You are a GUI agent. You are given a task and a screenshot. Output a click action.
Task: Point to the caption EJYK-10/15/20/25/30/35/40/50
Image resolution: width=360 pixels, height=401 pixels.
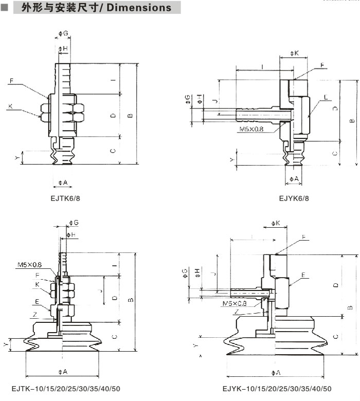pyautogui.click(x=277, y=389)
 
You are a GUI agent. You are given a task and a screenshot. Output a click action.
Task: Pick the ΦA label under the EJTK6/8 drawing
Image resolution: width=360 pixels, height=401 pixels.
pyautogui.click(x=63, y=183)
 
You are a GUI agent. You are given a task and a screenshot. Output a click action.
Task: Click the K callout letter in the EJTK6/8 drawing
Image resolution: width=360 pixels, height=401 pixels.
pyautogui.click(x=10, y=106)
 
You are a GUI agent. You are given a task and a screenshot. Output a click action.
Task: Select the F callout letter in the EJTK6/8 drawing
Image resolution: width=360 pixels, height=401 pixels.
pyautogui.click(x=10, y=81)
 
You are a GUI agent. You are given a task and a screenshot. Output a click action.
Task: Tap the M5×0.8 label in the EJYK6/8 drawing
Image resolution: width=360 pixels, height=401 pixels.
pyautogui.click(x=250, y=129)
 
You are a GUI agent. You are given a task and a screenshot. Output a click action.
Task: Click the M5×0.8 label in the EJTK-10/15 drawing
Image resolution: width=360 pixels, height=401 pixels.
pyautogui.click(x=29, y=265)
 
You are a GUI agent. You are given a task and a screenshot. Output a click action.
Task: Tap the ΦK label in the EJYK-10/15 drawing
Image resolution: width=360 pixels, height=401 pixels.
pyautogui.click(x=276, y=224)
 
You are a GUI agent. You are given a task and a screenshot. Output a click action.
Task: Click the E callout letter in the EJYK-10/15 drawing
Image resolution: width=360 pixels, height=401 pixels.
pyautogui.click(x=304, y=275)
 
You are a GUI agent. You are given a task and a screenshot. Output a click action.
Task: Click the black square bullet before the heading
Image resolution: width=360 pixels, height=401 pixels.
pyautogui.click(x=4, y=8)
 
